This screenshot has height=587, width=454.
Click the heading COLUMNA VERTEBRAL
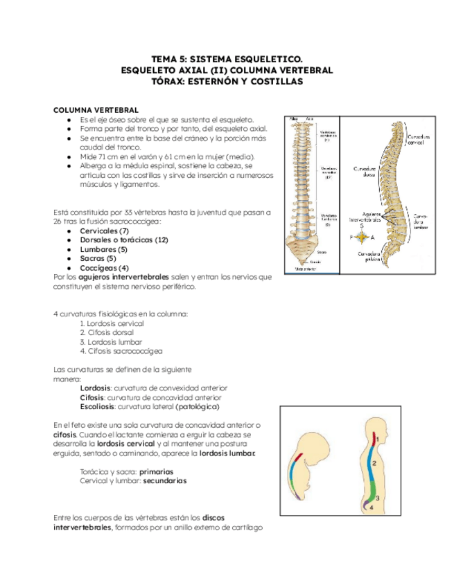96,110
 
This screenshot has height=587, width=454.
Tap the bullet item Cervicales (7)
104,231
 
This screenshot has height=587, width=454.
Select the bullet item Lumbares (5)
103,249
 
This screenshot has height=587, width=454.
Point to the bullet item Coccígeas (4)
104,268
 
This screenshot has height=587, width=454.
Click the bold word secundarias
165,480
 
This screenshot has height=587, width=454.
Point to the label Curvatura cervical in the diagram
418,140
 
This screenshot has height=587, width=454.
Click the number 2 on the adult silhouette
374,463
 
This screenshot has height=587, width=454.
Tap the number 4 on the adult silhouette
372,507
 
